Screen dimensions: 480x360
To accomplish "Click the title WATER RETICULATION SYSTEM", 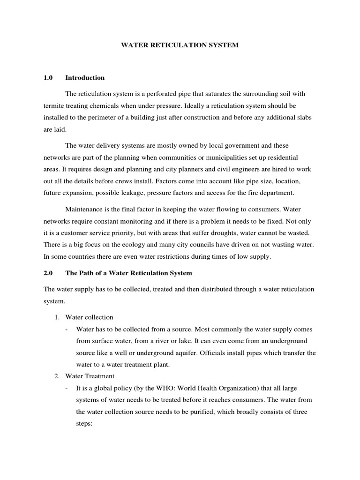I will click(180, 45).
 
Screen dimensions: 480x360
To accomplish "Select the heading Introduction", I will click(85, 78).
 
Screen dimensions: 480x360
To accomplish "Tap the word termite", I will click(54, 106).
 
